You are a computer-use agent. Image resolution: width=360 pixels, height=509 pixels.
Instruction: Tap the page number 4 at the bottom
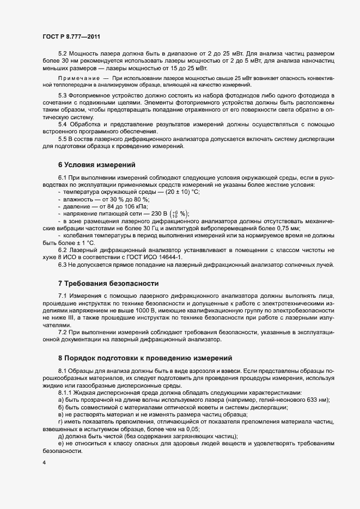(44, 463)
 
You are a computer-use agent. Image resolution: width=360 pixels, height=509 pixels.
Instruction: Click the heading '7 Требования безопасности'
(108, 284)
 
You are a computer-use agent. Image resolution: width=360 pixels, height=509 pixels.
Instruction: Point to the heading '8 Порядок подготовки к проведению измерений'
(145, 358)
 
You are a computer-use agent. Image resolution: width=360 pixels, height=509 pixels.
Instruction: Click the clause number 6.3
(63, 265)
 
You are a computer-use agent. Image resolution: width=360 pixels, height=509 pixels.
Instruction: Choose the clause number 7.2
(63, 332)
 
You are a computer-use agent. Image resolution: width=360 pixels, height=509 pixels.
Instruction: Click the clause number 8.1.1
(65, 392)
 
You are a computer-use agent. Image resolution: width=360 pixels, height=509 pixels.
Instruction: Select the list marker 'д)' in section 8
(61, 436)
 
